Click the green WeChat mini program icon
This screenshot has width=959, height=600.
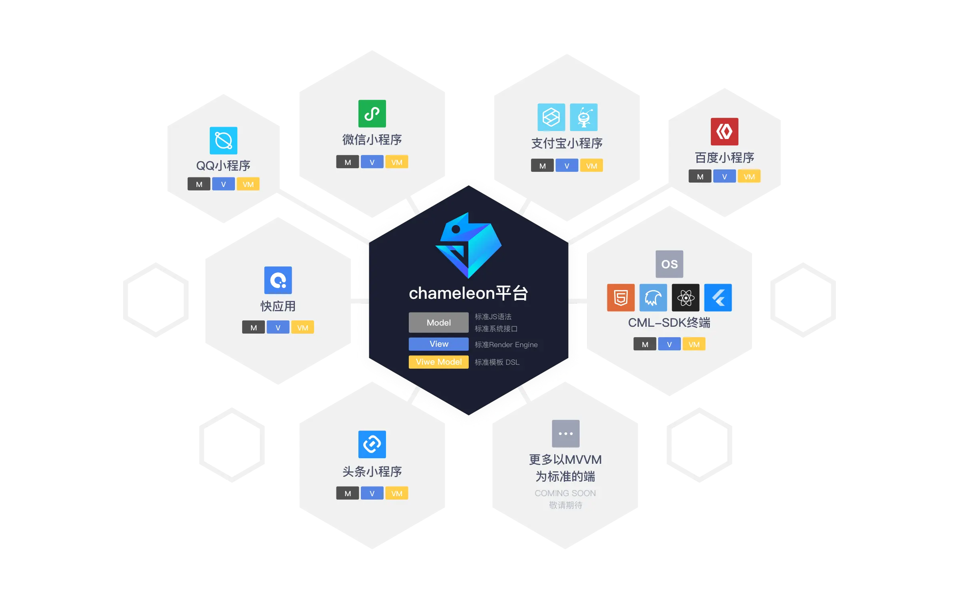[x=372, y=114]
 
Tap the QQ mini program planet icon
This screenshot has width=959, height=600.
[x=223, y=141]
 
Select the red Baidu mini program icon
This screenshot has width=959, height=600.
[x=724, y=131]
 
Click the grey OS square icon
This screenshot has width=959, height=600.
[x=669, y=264]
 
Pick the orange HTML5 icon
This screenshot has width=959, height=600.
[x=621, y=298]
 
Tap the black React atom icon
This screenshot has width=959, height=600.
[x=686, y=298]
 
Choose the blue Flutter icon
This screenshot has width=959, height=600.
[x=718, y=298]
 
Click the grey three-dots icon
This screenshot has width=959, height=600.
[x=565, y=433]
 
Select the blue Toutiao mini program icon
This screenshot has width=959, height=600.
[x=372, y=444]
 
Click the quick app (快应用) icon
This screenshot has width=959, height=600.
[x=278, y=280]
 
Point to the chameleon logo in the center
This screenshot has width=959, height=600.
[x=468, y=245]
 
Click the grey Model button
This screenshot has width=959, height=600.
[x=438, y=322]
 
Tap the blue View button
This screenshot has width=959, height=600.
[x=438, y=344]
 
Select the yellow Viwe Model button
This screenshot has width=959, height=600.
[x=438, y=362]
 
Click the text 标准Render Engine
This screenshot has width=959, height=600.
[x=506, y=345]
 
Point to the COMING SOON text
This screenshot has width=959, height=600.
[x=565, y=493]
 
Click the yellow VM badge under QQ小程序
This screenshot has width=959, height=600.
[x=248, y=184]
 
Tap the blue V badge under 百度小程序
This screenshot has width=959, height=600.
[x=724, y=177]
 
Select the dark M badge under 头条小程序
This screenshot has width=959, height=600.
[x=348, y=493]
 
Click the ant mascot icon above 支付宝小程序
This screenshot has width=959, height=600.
[x=584, y=117]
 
